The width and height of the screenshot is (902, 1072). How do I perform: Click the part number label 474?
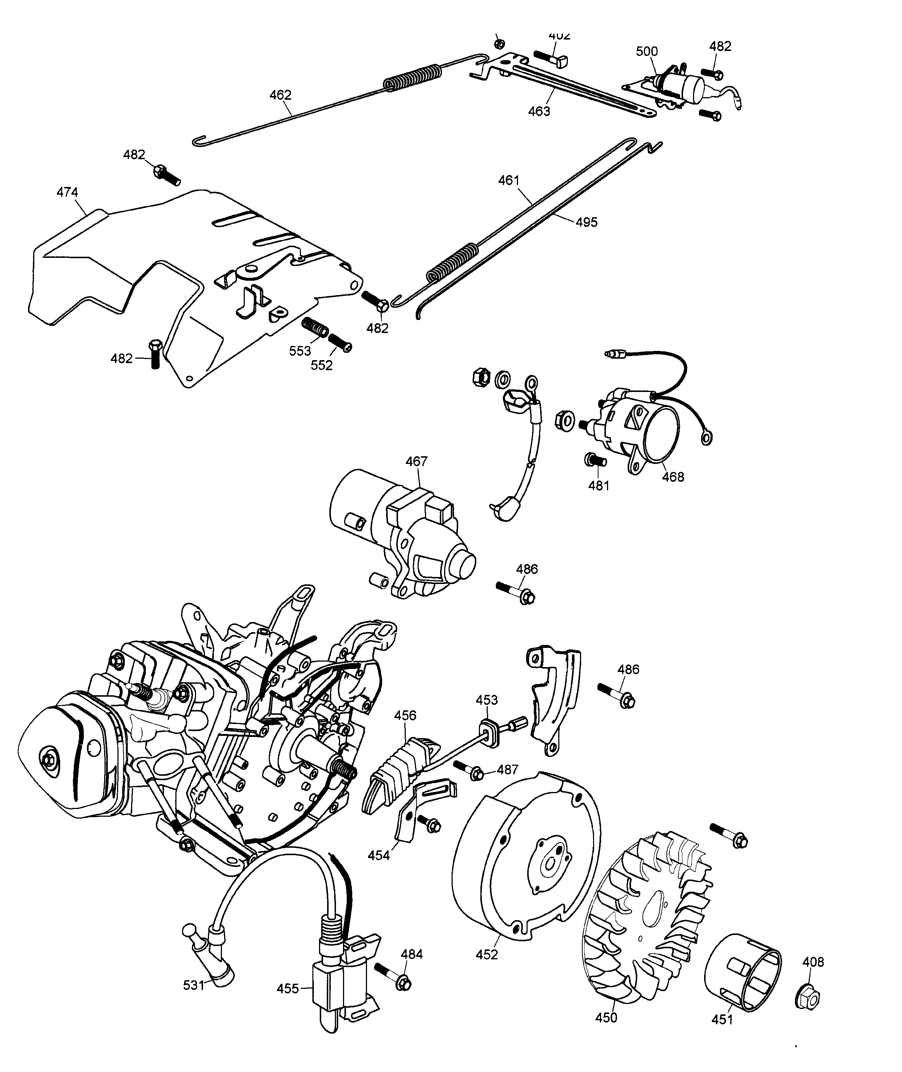67,192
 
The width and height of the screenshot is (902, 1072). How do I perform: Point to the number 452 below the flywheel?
486,955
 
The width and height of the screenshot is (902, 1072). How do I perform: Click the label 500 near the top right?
647,51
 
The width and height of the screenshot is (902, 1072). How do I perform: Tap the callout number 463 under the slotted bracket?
539,111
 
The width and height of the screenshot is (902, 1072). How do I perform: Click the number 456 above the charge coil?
405,715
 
